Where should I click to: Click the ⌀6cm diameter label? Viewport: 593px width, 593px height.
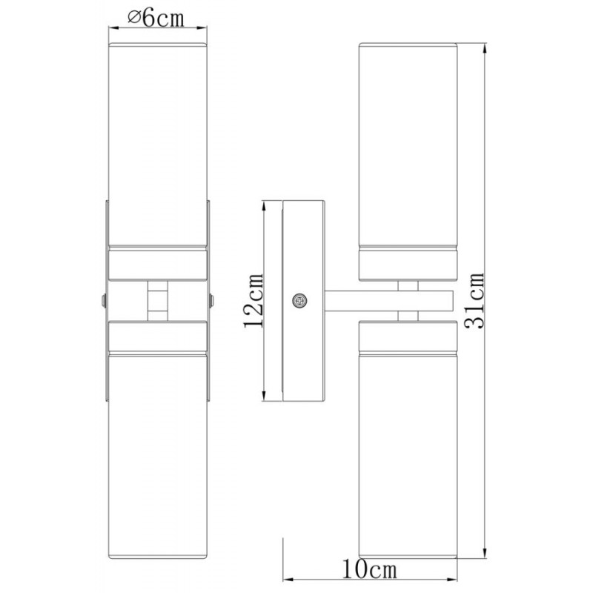pyautogui.click(x=156, y=18)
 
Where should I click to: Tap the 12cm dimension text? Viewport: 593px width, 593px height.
pyautogui.click(x=254, y=300)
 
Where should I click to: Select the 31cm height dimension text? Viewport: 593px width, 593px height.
pyautogui.click(x=474, y=301)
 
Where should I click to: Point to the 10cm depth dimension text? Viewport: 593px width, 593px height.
pyautogui.click(x=369, y=569)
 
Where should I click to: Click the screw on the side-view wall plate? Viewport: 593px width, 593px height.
pyautogui.click(x=299, y=301)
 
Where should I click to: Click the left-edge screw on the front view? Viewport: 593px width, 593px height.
pyautogui.click(x=104, y=301)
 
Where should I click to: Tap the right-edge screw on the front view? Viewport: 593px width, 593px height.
pyautogui.click(x=211, y=301)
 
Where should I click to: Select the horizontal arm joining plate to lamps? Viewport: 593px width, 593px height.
pyautogui.click(x=388, y=301)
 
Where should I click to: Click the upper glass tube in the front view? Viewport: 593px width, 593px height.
pyautogui.click(x=158, y=145)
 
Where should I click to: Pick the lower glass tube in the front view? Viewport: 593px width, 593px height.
pyautogui.click(x=158, y=457)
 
